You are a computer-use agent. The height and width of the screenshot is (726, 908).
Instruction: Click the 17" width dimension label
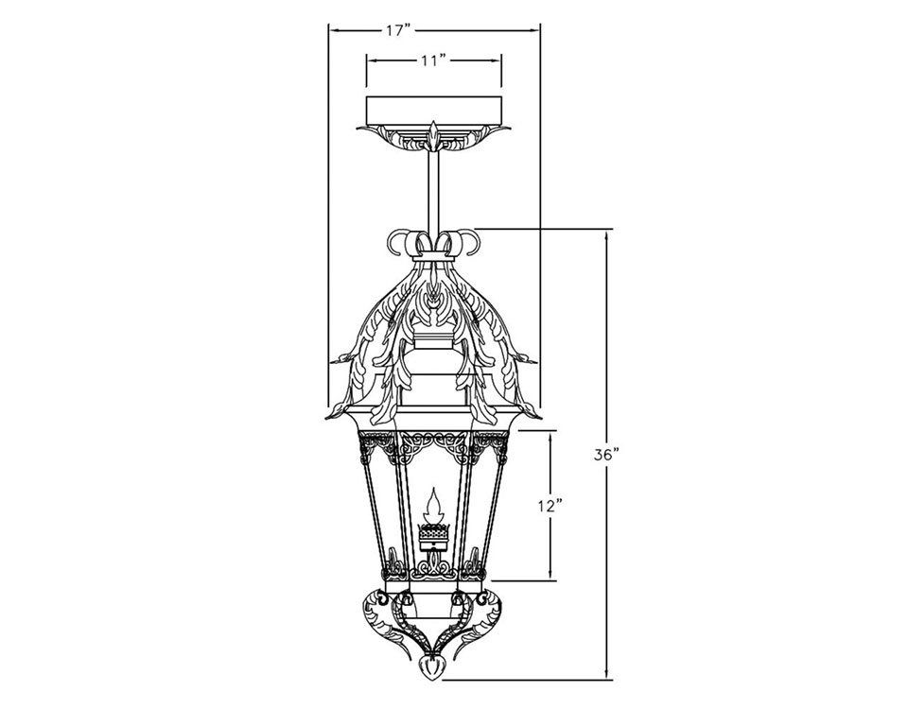(x=398, y=31)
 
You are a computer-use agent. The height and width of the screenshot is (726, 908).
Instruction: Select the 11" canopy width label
(x=433, y=60)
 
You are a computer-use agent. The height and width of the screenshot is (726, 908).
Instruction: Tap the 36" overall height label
(x=607, y=455)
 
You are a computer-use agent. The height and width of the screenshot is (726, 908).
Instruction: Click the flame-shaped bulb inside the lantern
(x=432, y=506)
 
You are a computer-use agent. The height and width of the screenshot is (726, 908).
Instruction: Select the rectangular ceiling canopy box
(x=434, y=110)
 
